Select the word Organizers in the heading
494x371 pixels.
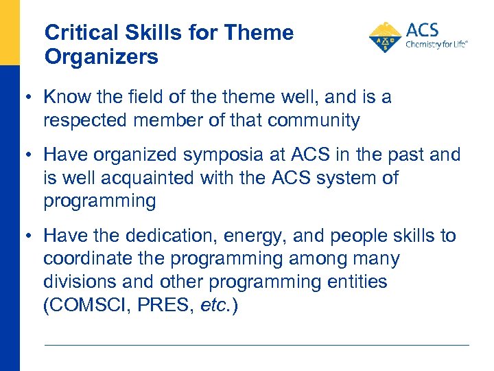coord(101,56)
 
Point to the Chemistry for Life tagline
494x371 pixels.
coord(436,44)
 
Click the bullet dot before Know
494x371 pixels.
coord(29,98)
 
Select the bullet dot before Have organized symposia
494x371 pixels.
coord(29,155)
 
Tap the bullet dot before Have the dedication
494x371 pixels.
coord(29,236)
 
